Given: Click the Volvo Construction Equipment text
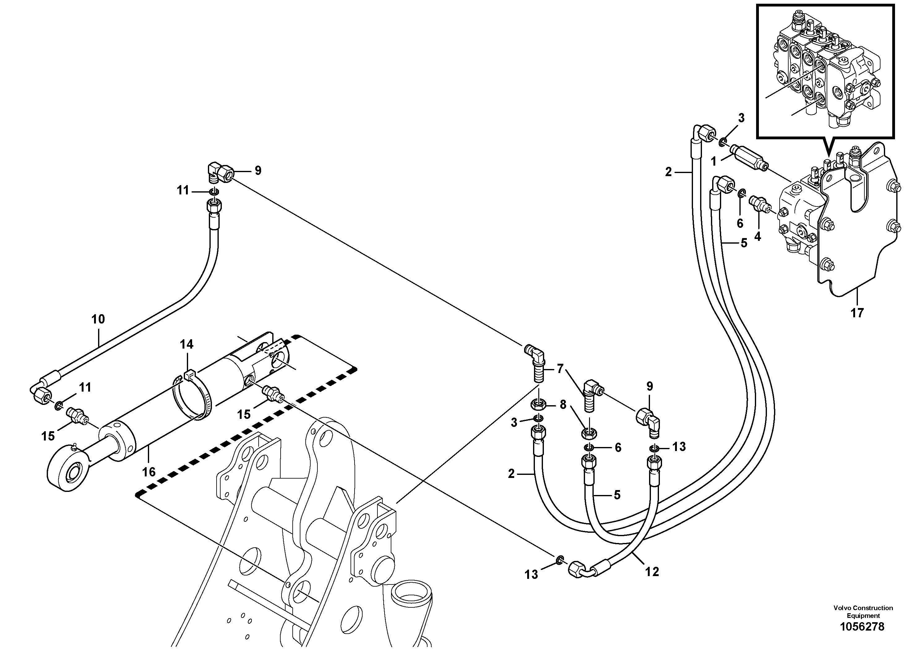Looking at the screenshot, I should [x=863, y=612].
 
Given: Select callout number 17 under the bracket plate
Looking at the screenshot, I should [x=857, y=313].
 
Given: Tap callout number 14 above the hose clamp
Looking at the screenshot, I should [x=187, y=344].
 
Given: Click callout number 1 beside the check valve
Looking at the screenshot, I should [x=713, y=162].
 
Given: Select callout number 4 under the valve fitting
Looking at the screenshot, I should [x=757, y=237].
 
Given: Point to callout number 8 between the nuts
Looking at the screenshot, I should [x=563, y=405].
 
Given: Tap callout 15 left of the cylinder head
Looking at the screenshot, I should [x=48, y=436].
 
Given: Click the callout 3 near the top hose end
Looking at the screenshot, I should [x=741, y=118].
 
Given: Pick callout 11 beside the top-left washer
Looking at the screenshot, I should [x=183, y=190].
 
